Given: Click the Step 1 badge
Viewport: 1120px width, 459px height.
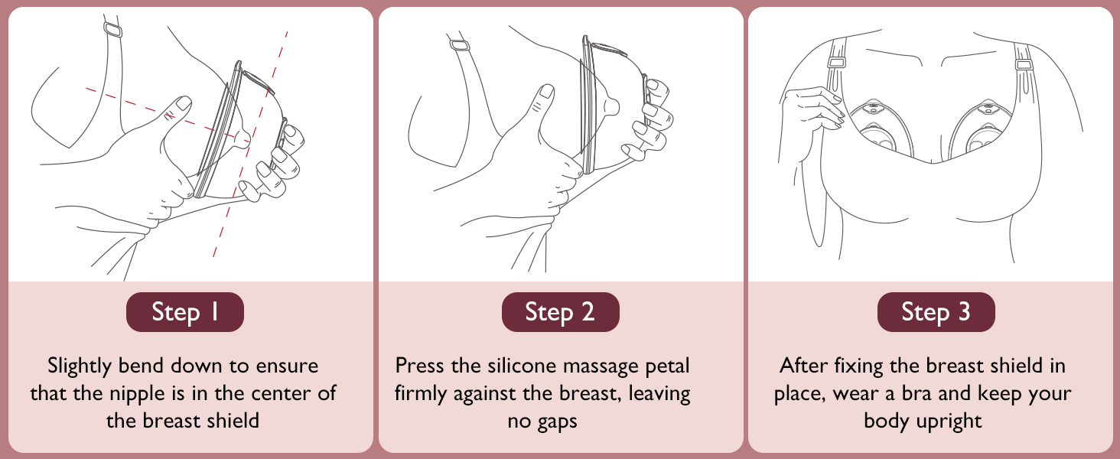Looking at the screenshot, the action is (x=185, y=312).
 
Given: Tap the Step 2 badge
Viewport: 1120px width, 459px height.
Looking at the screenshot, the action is (x=561, y=312).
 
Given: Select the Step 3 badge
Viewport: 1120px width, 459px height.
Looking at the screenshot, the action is (x=936, y=312).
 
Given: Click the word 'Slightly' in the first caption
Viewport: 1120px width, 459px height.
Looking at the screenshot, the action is (x=79, y=366).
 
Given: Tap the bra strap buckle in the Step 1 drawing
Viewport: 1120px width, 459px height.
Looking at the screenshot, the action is (x=113, y=30).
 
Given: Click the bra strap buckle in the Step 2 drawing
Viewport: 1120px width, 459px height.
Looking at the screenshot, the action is (x=460, y=45).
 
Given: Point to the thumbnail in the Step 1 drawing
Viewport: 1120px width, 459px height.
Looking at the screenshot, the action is (x=184, y=103).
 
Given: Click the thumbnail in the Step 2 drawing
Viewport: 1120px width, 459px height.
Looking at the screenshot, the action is (x=547, y=91).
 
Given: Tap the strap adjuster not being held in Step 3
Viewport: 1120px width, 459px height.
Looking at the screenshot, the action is (x=1024, y=64).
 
